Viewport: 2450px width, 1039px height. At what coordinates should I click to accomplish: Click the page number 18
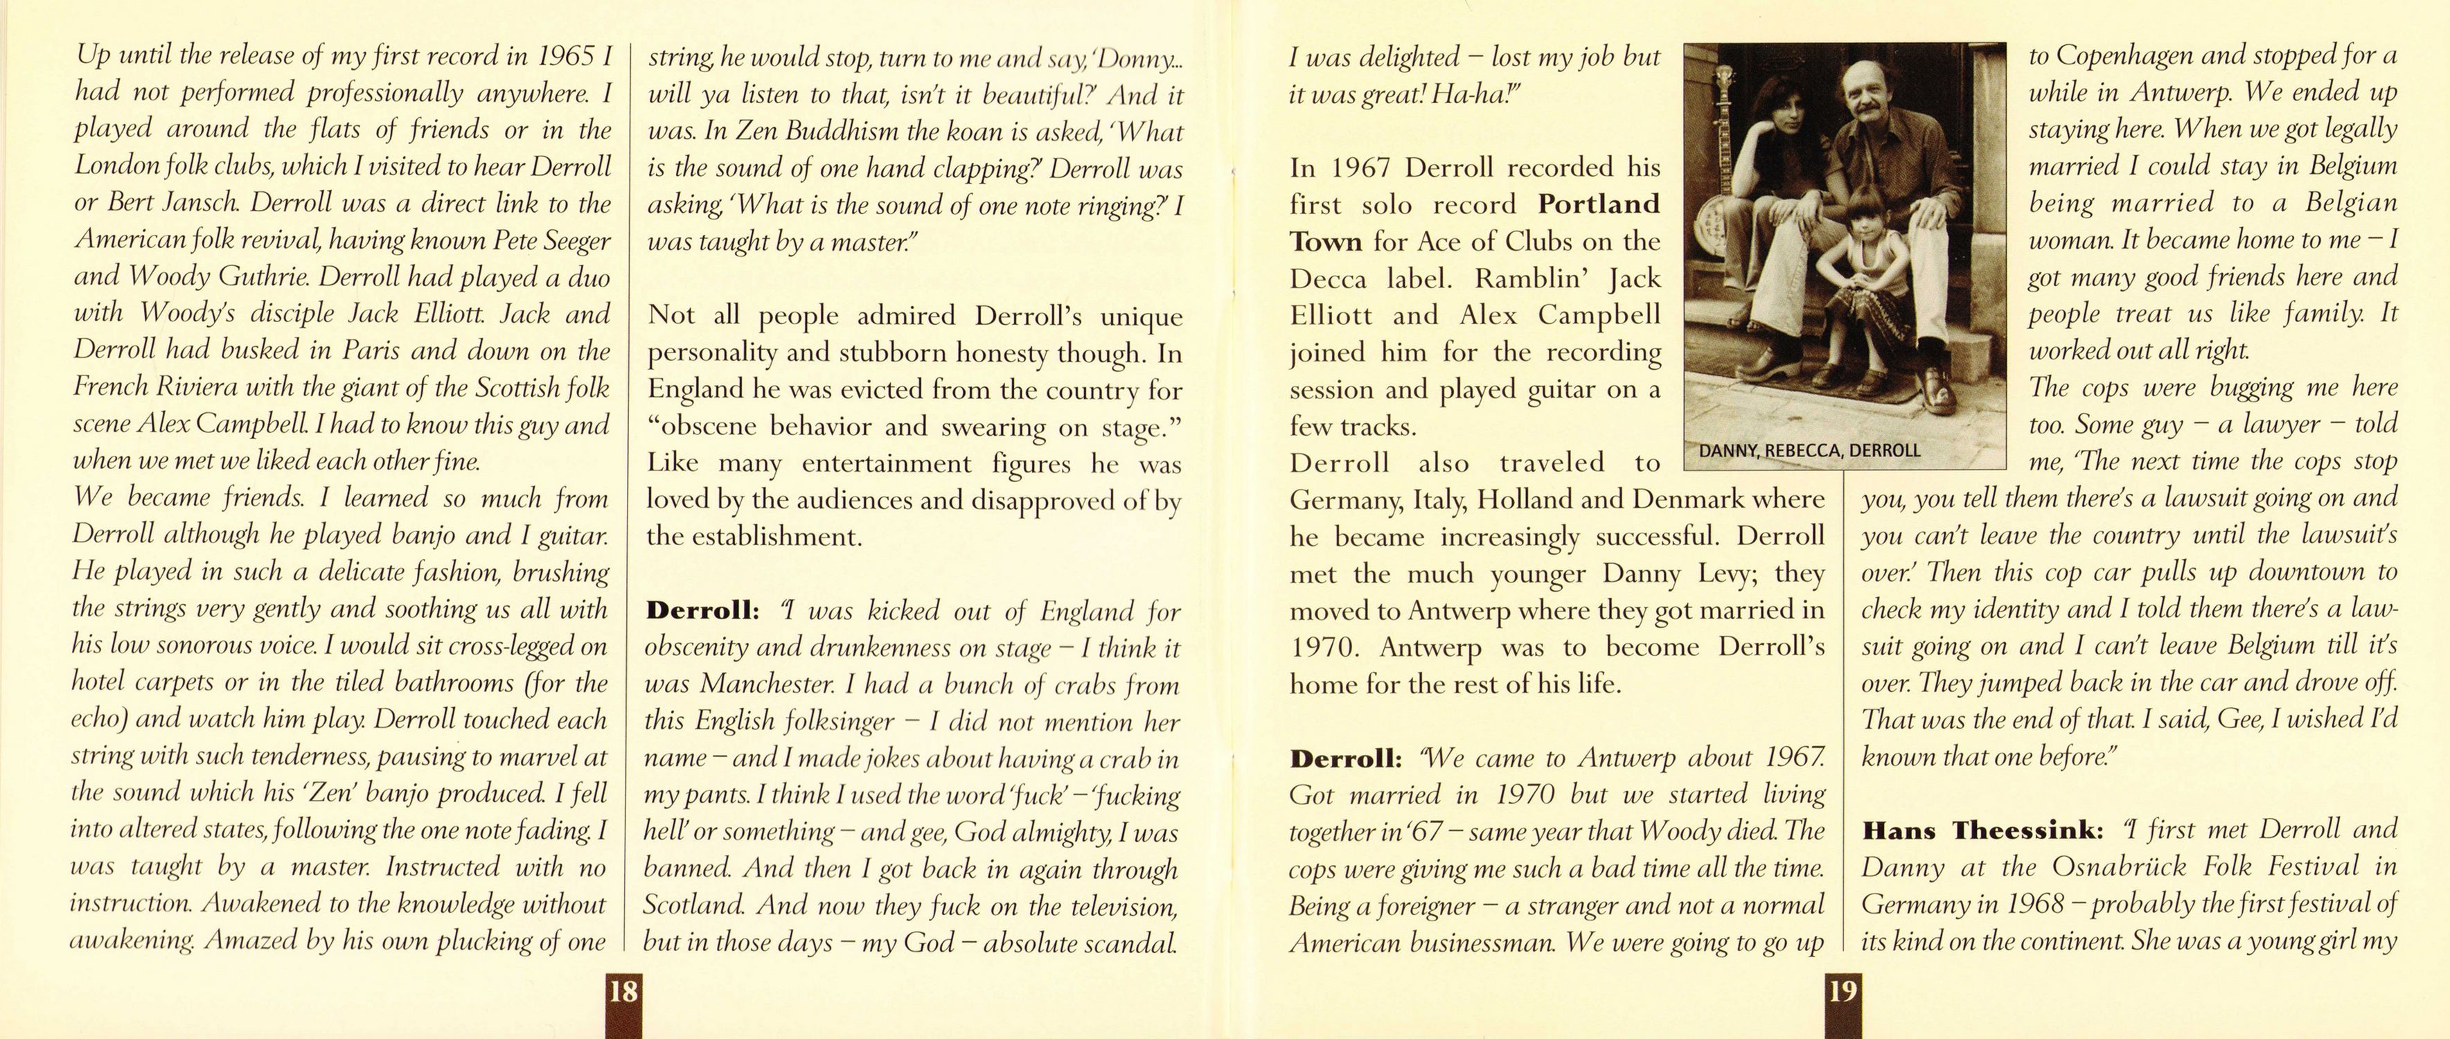pos(623,993)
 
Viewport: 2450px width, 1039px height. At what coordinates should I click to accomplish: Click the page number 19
pos(1843,993)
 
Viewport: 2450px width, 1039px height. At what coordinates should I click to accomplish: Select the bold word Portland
pos(1599,204)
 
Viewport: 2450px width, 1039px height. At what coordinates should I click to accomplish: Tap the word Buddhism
pos(820,132)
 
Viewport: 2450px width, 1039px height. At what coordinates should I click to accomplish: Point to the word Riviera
pos(190,387)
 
